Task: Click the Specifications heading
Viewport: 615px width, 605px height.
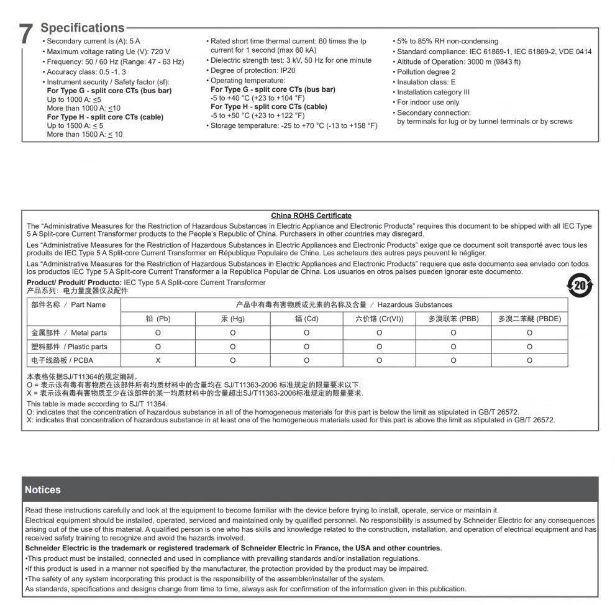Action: pos(82,28)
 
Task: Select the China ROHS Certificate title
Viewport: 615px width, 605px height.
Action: pos(311,216)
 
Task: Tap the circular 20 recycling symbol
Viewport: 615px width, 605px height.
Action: pos(580,285)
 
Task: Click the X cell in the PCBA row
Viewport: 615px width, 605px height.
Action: pos(158,360)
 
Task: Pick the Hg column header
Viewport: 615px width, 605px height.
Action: pos(233,319)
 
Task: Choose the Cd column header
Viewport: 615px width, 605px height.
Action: pos(306,319)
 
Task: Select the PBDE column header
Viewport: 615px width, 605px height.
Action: pos(529,319)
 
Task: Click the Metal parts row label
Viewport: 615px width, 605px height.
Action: pos(69,333)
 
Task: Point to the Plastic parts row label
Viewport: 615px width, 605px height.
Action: pos(69,347)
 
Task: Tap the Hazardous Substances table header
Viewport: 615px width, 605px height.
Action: pos(344,304)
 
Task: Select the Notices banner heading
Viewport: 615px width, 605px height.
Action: pos(43,489)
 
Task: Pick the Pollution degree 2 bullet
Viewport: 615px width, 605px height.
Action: pos(426,72)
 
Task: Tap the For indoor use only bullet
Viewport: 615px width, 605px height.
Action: pos(428,102)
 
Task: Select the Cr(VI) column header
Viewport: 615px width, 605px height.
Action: pos(379,319)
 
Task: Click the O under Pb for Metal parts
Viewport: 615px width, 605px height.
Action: pos(158,333)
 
